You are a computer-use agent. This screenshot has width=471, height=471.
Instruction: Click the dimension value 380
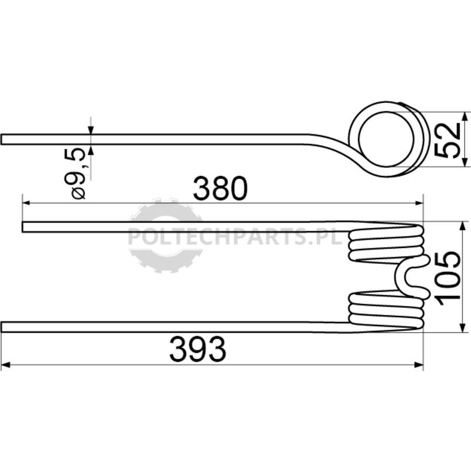[220, 188]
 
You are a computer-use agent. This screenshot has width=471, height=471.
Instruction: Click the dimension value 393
[197, 350]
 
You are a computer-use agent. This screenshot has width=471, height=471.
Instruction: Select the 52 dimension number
[447, 140]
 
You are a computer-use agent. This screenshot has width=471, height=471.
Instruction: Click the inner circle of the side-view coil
[386, 139]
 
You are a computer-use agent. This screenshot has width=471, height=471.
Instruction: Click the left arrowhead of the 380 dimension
[26, 203]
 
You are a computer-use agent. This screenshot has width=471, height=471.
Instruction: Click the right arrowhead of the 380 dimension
[419, 203]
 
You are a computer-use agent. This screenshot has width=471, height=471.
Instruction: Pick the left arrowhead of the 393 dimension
[5, 365]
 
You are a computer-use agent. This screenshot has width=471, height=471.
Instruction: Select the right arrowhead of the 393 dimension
[419, 365]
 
